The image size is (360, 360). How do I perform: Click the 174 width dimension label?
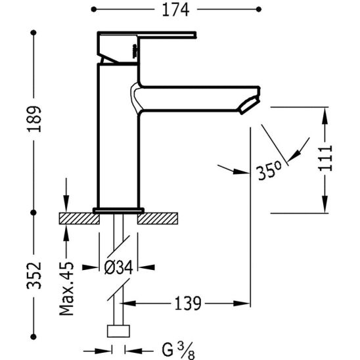click(x=175, y=10)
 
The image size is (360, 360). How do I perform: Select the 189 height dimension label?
click(x=34, y=119)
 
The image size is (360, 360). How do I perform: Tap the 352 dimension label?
click(x=34, y=275)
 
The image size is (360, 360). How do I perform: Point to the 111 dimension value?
click(x=325, y=158)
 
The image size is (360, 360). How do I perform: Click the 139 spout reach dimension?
click(x=188, y=304)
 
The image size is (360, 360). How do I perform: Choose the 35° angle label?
click(x=268, y=171)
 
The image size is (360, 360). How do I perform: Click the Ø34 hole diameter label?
click(x=118, y=267)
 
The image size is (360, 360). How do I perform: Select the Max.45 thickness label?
click(x=66, y=288)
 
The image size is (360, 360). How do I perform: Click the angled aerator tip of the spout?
click(x=250, y=105)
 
